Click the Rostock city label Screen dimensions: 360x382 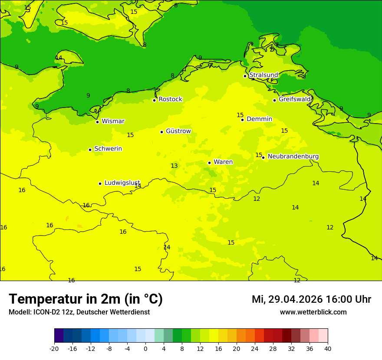coord(170,99)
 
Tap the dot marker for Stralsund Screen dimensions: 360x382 coord(245,76)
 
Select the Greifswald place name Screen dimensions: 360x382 coord(295,99)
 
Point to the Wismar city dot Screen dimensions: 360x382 coord(98,122)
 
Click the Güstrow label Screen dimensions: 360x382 coord(178,131)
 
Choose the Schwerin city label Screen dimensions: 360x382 coord(108,149)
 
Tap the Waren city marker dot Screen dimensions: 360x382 coord(209,163)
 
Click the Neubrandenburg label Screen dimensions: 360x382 coord(293,157)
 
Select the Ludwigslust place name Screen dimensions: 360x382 coord(122,183)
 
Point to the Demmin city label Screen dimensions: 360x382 coord(259,119)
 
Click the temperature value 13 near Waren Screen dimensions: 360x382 coord(174,166)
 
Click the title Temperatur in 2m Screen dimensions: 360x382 coord(86,299)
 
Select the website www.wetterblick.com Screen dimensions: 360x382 coord(313,312)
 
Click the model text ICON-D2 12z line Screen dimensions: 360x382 coord(79,312)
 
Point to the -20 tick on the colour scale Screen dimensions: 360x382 coord(54,348)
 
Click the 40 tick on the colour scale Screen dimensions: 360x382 coord(328,348)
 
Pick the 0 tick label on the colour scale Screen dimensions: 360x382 coord(145,348)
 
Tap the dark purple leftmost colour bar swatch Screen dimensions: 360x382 coord(59,336)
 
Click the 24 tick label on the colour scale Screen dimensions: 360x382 coord(255,348)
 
